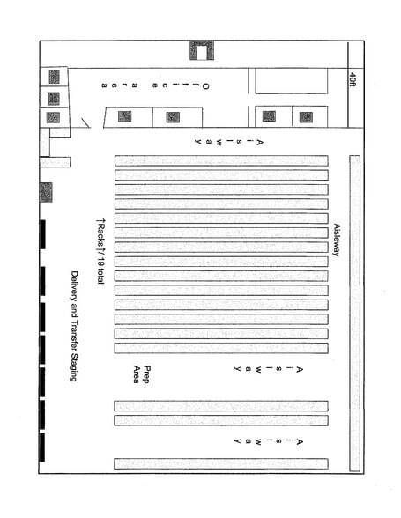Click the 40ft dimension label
click(353, 79)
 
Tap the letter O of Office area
click(205, 86)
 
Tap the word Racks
click(100, 235)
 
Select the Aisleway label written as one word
click(337, 240)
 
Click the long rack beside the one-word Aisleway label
click(354, 314)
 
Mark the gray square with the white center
click(202, 50)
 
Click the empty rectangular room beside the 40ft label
click(291, 81)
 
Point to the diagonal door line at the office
click(85, 123)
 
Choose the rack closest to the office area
click(221, 160)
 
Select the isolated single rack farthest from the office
click(221, 463)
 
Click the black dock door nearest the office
click(42, 234)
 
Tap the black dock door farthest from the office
click(41, 447)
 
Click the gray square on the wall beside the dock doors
click(46, 192)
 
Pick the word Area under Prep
click(137, 374)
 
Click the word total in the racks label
click(100, 277)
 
